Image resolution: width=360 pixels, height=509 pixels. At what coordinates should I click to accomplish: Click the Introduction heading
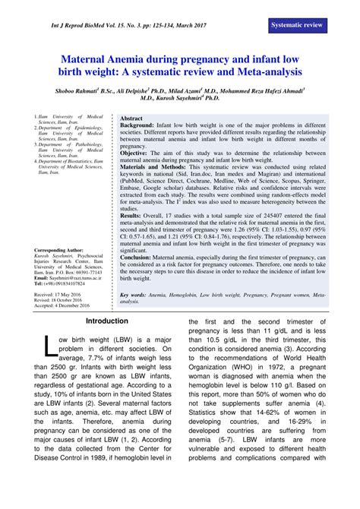coord(107,321)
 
